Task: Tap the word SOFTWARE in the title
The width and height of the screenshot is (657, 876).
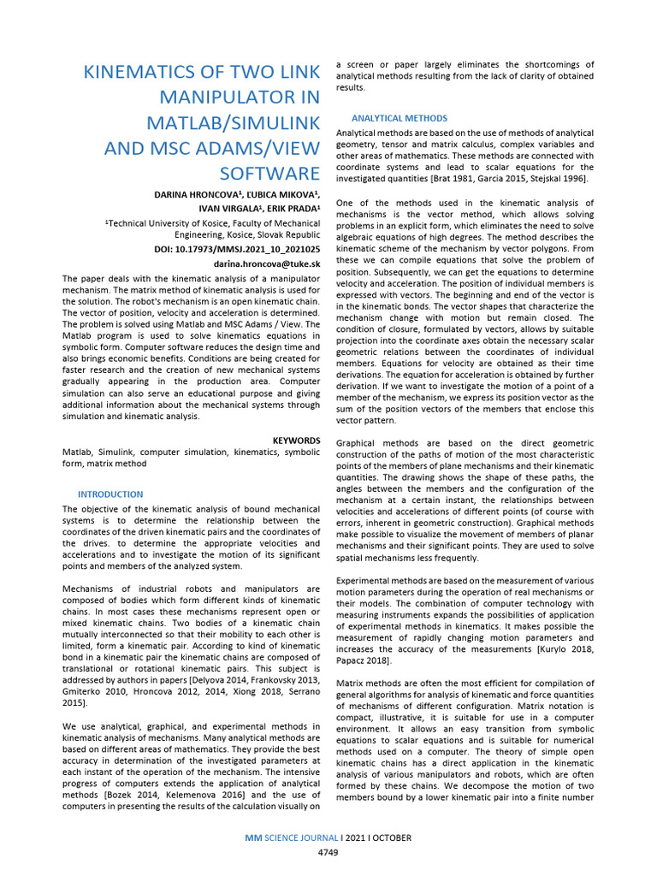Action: point(269,174)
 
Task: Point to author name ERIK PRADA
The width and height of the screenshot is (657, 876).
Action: point(293,208)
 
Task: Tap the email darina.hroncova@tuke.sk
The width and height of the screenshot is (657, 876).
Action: point(267,264)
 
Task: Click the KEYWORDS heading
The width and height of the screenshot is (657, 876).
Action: point(296,440)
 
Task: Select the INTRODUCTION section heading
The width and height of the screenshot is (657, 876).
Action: point(110,494)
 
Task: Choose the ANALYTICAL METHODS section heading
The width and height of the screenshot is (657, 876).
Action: point(399,118)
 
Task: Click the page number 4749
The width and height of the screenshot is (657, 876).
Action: point(328,853)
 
